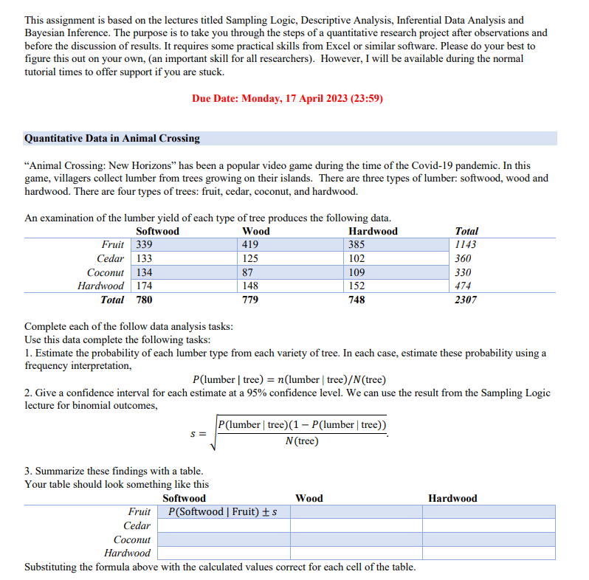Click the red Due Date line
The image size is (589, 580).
tap(287, 98)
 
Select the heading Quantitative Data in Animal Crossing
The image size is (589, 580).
tap(112, 138)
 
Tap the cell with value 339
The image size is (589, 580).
tap(144, 245)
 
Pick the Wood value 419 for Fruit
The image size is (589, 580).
tap(251, 245)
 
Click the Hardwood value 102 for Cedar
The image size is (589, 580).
tap(356, 258)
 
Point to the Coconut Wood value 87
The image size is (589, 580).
tap(247, 272)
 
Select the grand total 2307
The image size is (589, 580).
tap(466, 300)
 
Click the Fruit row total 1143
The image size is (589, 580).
tap(466, 245)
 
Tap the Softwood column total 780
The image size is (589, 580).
tap(145, 300)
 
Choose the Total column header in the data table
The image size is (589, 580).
tap(466, 231)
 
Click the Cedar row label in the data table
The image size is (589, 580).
tap(111, 258)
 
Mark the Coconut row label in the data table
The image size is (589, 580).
tap(106, 272)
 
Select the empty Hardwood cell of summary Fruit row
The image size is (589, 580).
tap(489, 512)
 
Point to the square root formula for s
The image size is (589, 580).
tap(295, 433)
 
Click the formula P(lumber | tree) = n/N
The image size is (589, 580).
tap(289, 380)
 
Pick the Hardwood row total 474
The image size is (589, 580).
tap(464, 286)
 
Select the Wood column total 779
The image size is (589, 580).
tap(251, 300)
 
